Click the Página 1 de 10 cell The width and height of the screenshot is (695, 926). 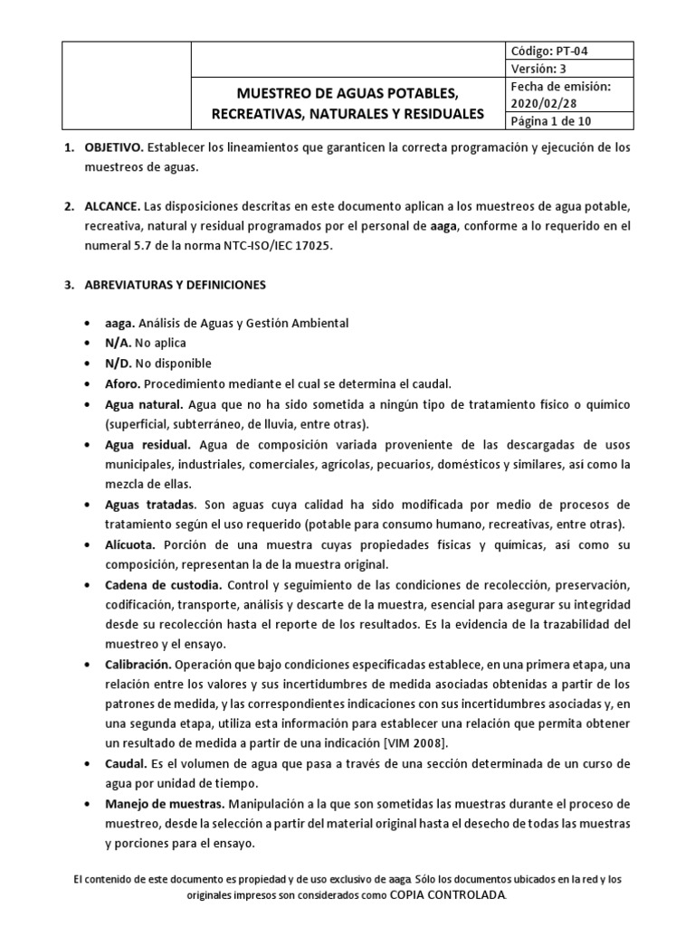pyautogui.click(x=552, y=122)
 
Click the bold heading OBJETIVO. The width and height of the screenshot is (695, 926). pyautogui.click(x=111, y=146)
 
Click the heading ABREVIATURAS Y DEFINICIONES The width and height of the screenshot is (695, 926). pyautogui.click(x=176, y=285)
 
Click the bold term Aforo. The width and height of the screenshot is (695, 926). pyautogui.click(x=124, y=383)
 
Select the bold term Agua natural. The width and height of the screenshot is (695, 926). pyautogui.click(x=146, y=403)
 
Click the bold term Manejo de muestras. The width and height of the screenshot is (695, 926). pyautogui.click(x=165, y=803)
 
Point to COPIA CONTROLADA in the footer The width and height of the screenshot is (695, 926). pyautogui.click(x=449, y=894)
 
